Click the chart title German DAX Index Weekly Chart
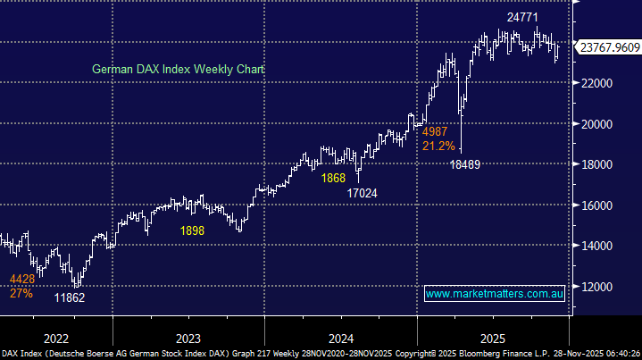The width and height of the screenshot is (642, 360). click(179, 70)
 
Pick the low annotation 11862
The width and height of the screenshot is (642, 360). click(69, 297)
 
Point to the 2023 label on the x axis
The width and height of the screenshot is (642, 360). click(188, 339)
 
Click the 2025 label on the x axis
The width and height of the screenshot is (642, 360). click(493, 339)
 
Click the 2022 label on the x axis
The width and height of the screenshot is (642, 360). click(55, 339)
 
